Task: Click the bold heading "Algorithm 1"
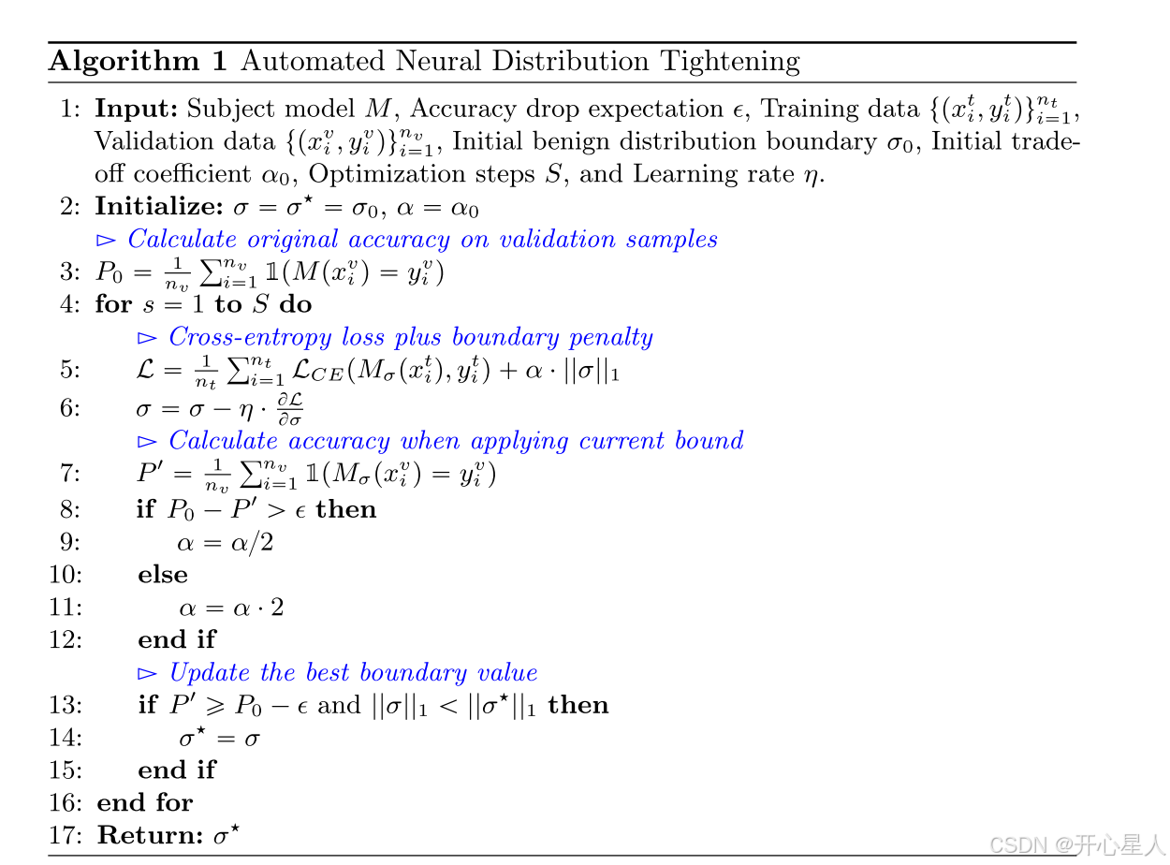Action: pyautogui.click(x=138, y=62)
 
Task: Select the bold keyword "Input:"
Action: pyautogui.click(x=137, y=109)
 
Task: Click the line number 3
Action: pyautogui.click(x=71, y=272)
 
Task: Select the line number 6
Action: pyautogui.click(x=71, y=409)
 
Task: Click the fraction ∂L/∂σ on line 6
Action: pyautogui.click(x=291, y=409)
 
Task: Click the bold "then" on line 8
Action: pyautogui.click(x=346, y=509)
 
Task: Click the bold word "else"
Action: pyautogui.click(x=162, y=575)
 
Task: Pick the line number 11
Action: pyautogui.click(x=66, y=608)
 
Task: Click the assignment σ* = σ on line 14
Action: pyautogui.click(x=219, y=738)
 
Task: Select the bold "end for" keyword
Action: pyautogui.click(x=144, y=802)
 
